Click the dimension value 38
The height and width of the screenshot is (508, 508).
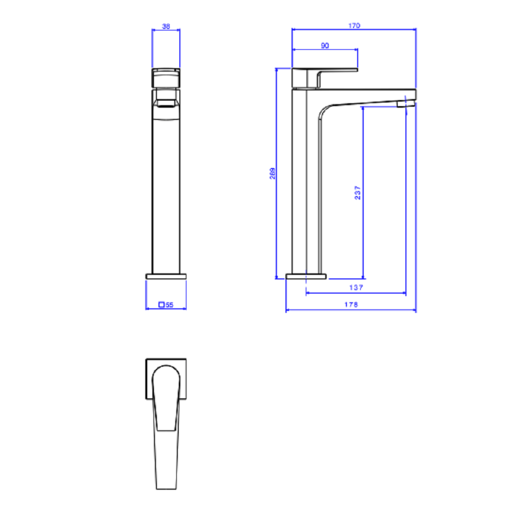click(166, 26)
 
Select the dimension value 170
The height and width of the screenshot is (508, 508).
click(354, 25)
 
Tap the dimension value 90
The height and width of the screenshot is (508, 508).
click(325, 46)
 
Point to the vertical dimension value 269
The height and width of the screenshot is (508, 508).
click(272, 173)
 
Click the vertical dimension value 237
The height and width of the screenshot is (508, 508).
click(358, 193)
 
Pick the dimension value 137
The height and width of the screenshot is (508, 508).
click(356, 288)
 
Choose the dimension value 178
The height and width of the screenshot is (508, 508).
click(351, 304)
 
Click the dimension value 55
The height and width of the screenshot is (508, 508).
click(170, 304)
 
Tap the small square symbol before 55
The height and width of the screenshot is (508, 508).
click(162, 304)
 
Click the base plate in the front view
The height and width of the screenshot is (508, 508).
click(166, 276)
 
